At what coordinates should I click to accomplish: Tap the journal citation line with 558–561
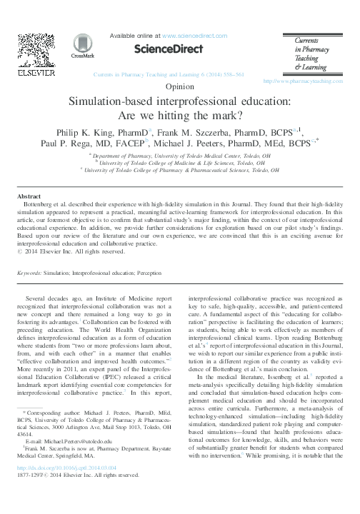point(179,74)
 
